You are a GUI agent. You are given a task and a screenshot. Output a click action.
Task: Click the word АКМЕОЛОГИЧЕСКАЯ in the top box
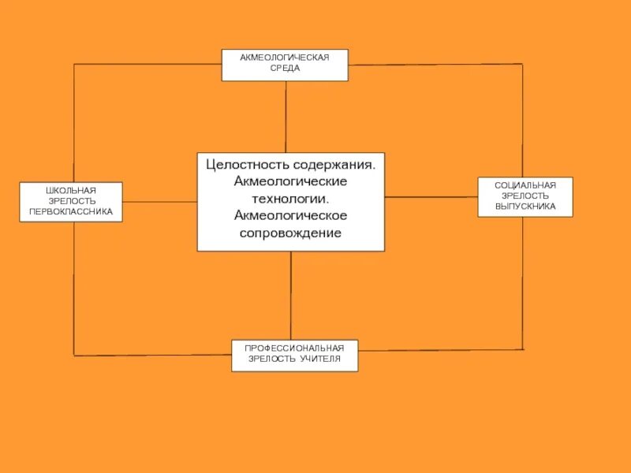(x=285, y=58)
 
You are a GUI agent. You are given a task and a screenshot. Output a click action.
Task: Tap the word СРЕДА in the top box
(x=285, y=69)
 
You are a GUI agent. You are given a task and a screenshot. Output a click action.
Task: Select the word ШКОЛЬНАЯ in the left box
(x=71, y=191)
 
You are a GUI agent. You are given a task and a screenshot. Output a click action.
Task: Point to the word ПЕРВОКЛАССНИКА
(x=71, y=211)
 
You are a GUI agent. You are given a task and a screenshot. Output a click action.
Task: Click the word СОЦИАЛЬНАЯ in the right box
(x=525, y=185)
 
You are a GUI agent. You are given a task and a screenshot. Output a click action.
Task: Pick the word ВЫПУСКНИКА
(x=525, y=207)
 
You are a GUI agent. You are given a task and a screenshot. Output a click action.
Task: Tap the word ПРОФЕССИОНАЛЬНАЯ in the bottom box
(x=294, y=348)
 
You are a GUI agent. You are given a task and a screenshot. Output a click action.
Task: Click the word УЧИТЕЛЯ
(x=320, y=359)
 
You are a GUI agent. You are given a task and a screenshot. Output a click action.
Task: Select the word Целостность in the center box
(x=247, y=165)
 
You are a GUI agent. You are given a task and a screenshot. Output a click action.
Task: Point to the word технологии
(x=291, y=198)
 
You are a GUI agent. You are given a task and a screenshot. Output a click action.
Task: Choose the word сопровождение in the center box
(x=290, y=233)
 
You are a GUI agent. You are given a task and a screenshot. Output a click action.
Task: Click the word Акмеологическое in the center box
(x=290, y=215)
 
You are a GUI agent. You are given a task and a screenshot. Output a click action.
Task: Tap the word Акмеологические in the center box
(x=290, y=181)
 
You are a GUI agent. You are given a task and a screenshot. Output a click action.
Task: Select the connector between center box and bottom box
(x=291, y=296)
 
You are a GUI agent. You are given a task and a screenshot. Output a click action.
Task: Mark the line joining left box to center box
(x=159, y=202)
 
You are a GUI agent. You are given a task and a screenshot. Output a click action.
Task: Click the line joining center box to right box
(x=431, y=196)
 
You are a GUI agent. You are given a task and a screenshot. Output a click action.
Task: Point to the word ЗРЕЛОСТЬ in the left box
(x=71, y=201)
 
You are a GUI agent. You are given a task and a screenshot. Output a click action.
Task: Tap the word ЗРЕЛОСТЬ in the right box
(x=525, y=196)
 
